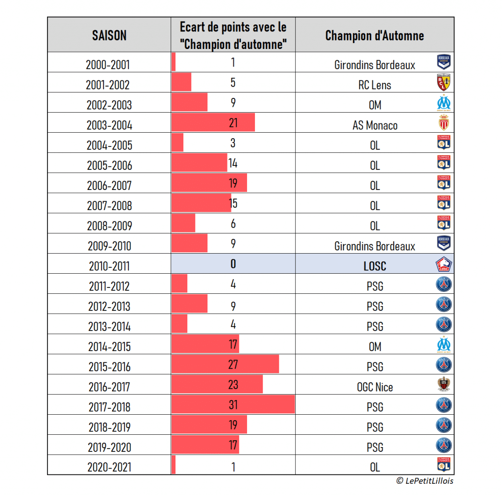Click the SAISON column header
[109, 35]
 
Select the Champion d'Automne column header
[375, 35]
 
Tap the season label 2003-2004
[109, 125]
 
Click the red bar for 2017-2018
[233, 405]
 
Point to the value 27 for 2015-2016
[233, 364]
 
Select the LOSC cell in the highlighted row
[375, 266]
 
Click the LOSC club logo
[444, 264]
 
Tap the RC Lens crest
[444, 83]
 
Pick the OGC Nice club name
[375, 387]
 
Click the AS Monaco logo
[444, 123]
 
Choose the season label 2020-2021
[109, 467]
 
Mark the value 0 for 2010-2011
[233, 264]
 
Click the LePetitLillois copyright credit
[425, 481]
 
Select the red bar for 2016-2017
[217, 384]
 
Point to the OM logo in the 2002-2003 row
[444, 103]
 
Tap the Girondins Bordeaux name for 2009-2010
[375, 246]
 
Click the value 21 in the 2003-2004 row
[233, 123]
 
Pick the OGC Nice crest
[444, 385]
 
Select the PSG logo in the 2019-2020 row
[444, 445]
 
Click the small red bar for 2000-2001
[174, 62]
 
